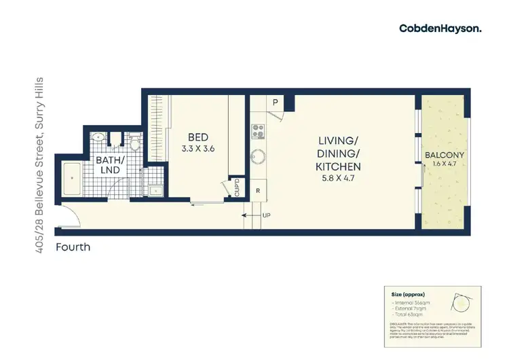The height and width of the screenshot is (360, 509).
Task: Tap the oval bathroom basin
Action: click(x=99, y=137)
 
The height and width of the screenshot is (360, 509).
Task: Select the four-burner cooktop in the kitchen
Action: click(x=258, y=129)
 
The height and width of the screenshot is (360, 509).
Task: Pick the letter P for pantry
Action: click(x=276, y=103)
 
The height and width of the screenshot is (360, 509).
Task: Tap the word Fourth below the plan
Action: click(x=73, y=247)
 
